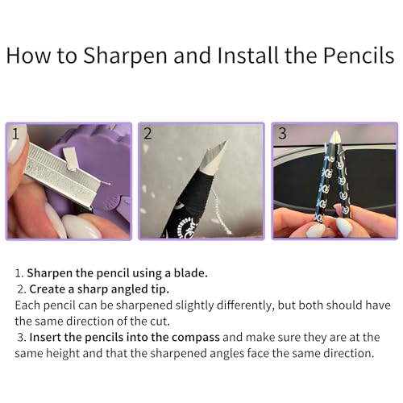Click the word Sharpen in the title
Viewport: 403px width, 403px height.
[x=125, y=56]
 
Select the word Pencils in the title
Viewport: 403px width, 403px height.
[x=359, y=56]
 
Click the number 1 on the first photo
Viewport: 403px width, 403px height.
[x=16, y=134]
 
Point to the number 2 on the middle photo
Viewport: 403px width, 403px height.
[x=147, y=134]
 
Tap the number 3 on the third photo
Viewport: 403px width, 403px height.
[x=282, y=134]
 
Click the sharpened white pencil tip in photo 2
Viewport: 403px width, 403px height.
[x=212, y=159]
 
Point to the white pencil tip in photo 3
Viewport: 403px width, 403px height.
[x=334, y=138]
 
